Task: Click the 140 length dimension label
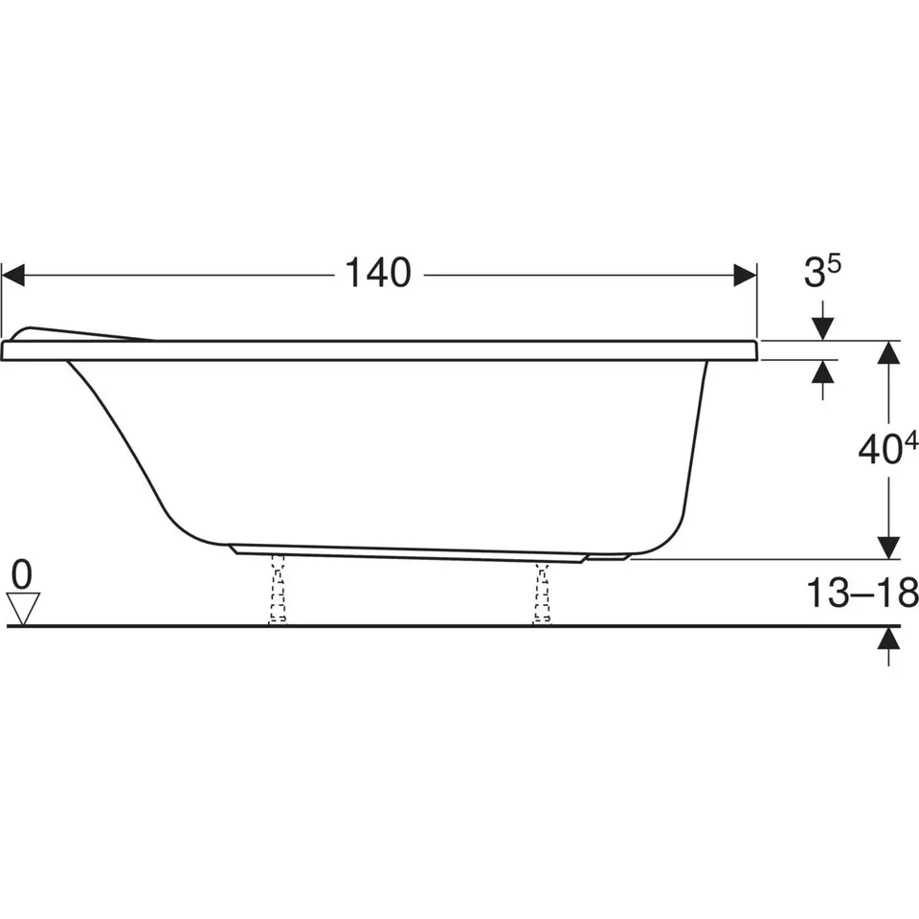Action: [378, 273]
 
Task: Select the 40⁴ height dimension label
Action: [888, 448]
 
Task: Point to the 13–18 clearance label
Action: [863, 593]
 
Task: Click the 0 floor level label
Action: [22, 574]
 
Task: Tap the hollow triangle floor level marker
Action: [23, 609]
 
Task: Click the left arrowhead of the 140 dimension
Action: [12, 275]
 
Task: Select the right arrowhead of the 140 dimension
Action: [745, 275]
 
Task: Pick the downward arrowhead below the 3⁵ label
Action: [823, 328]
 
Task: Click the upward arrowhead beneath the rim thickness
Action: [823, 371]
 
